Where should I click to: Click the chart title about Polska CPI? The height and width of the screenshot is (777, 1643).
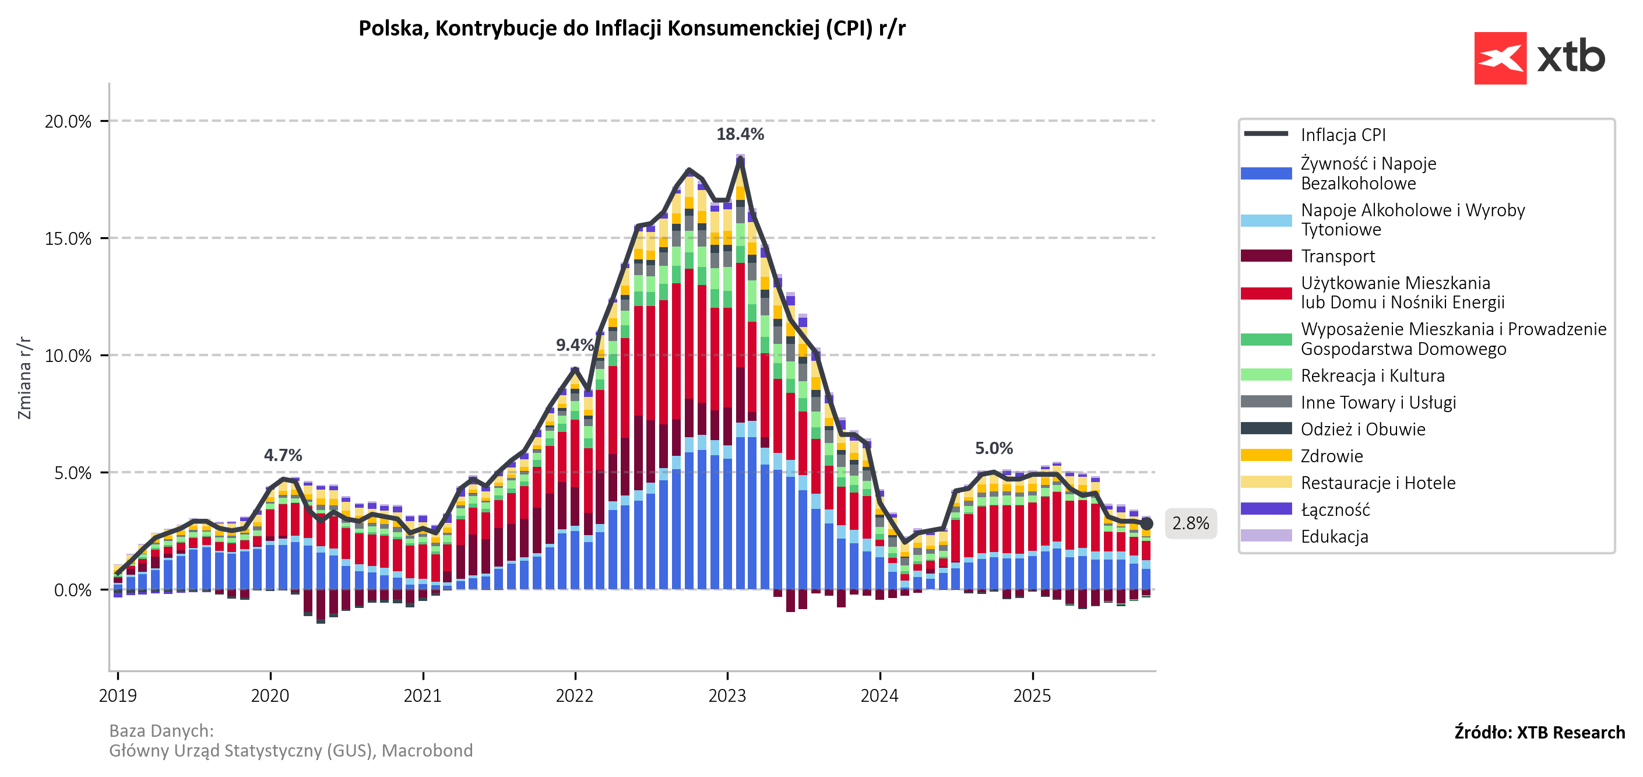[631, 29]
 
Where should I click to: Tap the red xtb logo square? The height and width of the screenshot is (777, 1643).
[1500, 58]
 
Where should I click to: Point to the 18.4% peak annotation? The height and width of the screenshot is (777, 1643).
[740, 134]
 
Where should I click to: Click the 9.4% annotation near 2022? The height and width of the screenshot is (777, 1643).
[574, 345]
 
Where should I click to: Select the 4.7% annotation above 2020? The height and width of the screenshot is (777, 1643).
[283, 455]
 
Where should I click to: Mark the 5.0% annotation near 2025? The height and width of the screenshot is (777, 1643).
[994, 448]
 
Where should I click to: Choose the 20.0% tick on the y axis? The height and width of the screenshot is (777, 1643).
[68, 121]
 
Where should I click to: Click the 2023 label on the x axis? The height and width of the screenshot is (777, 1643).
[727, 695]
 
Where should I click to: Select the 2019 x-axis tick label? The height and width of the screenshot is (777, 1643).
[118, 695]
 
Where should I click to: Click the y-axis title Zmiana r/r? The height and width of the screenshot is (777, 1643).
[24, 378]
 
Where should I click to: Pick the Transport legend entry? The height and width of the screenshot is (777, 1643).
[1338, 256]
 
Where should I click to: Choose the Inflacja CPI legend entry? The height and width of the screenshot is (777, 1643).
[1343, 135]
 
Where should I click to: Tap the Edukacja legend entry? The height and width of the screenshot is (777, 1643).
[1334, 536]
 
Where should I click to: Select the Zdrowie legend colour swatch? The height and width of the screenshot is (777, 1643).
[1266, 455]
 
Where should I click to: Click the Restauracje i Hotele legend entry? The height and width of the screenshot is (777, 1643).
[1378, 483]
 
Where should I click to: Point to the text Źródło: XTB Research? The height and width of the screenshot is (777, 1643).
[1539, 732]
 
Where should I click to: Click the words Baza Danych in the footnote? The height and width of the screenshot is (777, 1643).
[161, 730]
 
